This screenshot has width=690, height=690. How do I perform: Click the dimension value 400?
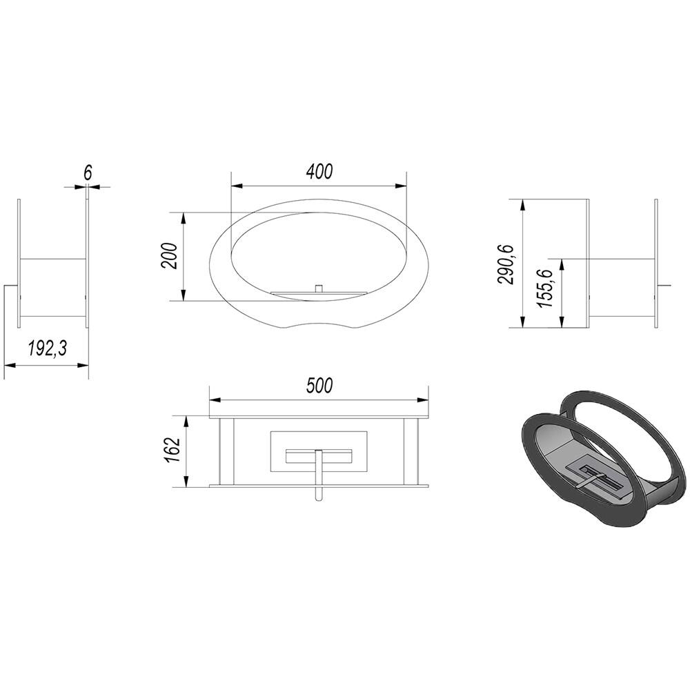(319, 172)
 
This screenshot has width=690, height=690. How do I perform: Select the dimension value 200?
(170, 256)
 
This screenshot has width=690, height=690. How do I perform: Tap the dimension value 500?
(319, 386)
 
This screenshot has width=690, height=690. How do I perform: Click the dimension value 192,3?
(47, 348)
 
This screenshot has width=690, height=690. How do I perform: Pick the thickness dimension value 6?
(88, 173)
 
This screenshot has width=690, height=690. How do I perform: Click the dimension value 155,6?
(546, 288)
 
